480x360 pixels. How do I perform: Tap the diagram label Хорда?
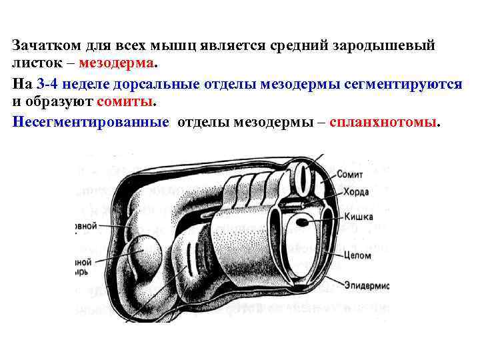(351, 192)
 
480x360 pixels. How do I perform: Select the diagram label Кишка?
(359, 217)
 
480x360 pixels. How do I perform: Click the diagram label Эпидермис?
(366, 285)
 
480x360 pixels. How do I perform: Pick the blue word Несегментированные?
(90, 123)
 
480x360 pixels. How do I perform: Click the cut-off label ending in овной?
(86, 226)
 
